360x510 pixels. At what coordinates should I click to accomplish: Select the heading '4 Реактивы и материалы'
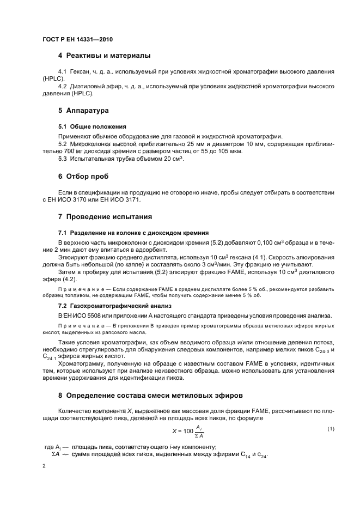(x=104, y=56)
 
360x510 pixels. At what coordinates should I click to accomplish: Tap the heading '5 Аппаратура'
(x=83, y=110)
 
